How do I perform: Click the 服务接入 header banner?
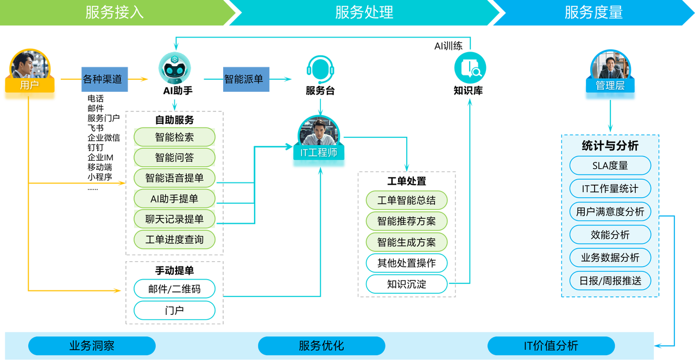pos(115,12)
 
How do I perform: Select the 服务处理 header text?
pos(364,12)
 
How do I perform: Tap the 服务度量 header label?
pos(593,12)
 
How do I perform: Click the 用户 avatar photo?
pos(30,65)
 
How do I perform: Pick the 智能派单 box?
pos(244,79)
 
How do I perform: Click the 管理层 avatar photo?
pos(610,66)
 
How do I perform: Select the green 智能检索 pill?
pos(174,137)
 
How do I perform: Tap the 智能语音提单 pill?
pos(174,178)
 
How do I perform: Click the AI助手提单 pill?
pos(174,199)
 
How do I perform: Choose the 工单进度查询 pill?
pos(174,239)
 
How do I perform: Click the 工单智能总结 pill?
pos(406,200)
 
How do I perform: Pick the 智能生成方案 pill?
pos(406,242)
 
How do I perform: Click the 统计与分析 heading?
pos(610,146)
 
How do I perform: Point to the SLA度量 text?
pos(610,166)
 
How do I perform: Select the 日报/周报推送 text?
pos(610,281)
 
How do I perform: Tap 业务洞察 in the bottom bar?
pos(92,346)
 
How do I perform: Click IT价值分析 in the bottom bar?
pos(551,346)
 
